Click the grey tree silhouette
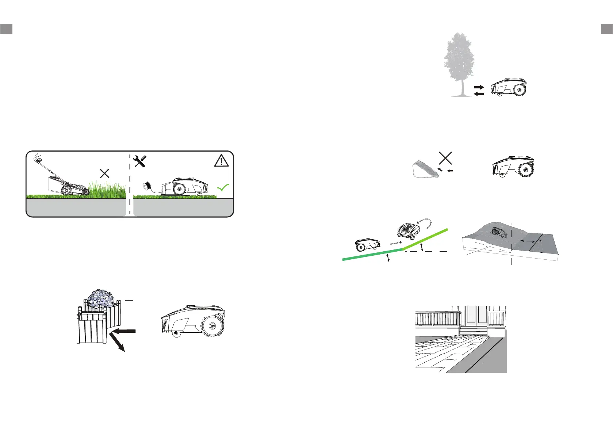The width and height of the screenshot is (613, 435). click(x=459, y=60)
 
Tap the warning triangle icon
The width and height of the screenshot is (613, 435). click(x=221, y=161)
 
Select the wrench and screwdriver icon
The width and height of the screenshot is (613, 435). click(x=140, y=161)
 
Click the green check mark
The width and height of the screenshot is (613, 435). click(x=223, y=188)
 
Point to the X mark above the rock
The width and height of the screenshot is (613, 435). click(x=445, y=158)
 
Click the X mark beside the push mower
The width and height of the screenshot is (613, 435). click(x=105, y=173)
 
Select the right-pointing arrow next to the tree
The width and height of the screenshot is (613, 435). click(x=479, y=88)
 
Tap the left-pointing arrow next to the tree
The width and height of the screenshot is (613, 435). click(x=479, y=94)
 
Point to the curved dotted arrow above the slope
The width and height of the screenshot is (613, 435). click(x=426, y=222)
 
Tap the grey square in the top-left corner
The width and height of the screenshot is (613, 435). click(x=7, y=28)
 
